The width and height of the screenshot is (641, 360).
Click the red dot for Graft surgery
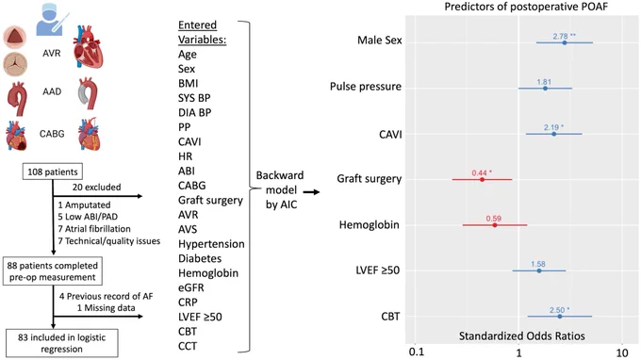click(x=482, y=179)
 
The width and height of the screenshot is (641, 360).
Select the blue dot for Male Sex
click(x=565, y=42)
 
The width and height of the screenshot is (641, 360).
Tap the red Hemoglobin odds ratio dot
click(x=495, y=225)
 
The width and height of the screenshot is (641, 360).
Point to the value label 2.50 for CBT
click(x=557, y=310)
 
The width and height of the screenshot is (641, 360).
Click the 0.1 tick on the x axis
click(x=416, y=352)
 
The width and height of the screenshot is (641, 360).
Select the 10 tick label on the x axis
click(x=622, y=352)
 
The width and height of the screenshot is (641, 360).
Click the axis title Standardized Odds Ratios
click(x=521, y=335)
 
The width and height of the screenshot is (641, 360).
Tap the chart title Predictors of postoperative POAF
click(x=526, y=7)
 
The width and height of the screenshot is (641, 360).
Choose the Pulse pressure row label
click(x=366, y=87)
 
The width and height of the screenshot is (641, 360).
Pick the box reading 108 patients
click(x=53, y=172)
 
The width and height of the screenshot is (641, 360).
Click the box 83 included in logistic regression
click(x=61, y=343)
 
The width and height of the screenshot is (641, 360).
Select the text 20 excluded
click(x=97, y=188)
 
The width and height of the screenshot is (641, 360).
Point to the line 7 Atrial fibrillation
click(x=94, y=229)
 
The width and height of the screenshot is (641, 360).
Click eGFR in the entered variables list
click(x=191, y=287)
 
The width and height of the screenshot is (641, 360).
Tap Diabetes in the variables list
click(x=200, y=258)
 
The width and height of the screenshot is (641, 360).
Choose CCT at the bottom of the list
click(x=188, y=346)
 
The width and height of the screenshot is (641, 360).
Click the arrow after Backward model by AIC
click(x=311, y=192)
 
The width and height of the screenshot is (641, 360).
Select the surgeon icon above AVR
click(x=51, y=19)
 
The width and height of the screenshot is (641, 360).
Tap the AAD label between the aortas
click(x=52, y=91)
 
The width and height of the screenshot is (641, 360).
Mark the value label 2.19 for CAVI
click(x=551, y=127)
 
